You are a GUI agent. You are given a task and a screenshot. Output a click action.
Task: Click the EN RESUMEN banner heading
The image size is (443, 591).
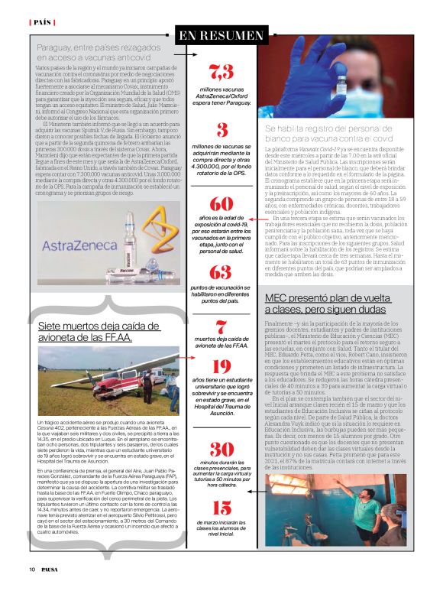tap(221, 35)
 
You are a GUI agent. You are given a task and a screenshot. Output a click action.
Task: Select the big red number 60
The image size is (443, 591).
tap(221, 204)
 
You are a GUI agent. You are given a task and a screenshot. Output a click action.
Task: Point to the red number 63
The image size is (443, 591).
tap(220, 272)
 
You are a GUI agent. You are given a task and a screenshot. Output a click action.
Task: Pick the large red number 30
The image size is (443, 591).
tap(221, 449)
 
